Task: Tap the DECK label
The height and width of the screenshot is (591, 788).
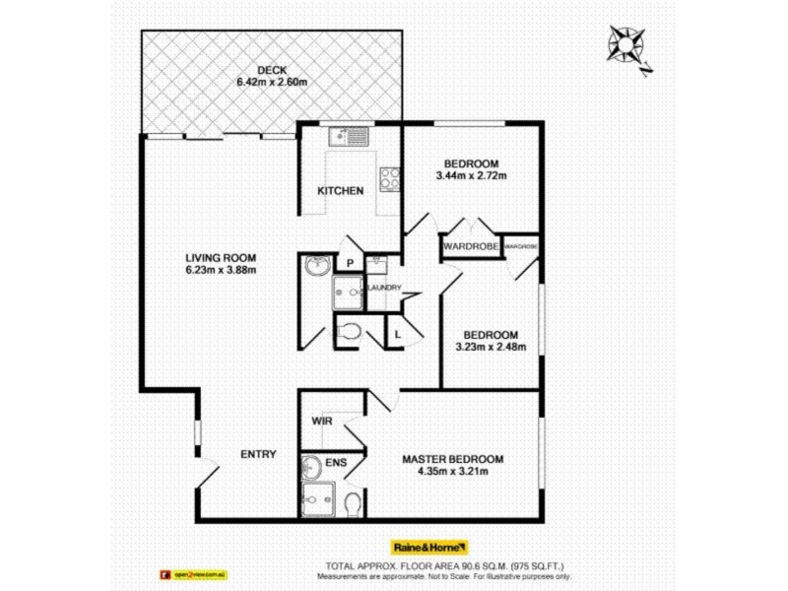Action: [x=272, y=70]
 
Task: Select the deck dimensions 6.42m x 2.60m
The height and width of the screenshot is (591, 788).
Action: [x=272, y=83]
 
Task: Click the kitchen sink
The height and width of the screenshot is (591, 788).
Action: [x=349, y=136]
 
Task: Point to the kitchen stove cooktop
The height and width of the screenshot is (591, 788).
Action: [x=390, y=180]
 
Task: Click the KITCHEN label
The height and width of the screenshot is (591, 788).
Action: [x=341, y=191]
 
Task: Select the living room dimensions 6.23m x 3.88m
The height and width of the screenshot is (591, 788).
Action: [x=221, y=270]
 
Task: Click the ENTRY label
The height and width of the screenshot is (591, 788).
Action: [x=259, y=454]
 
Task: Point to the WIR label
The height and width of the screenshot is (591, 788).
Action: [x=322, y=422]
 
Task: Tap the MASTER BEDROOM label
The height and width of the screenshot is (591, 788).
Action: [x=452, y=459]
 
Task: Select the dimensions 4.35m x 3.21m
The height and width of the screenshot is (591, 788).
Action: [x=452, y=472]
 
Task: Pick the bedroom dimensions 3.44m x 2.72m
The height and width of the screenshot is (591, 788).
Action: [x=471, y=176]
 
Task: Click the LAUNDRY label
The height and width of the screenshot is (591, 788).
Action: [x=383, y=288]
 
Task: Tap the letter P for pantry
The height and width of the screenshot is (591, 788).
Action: [x=349, y=263]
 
